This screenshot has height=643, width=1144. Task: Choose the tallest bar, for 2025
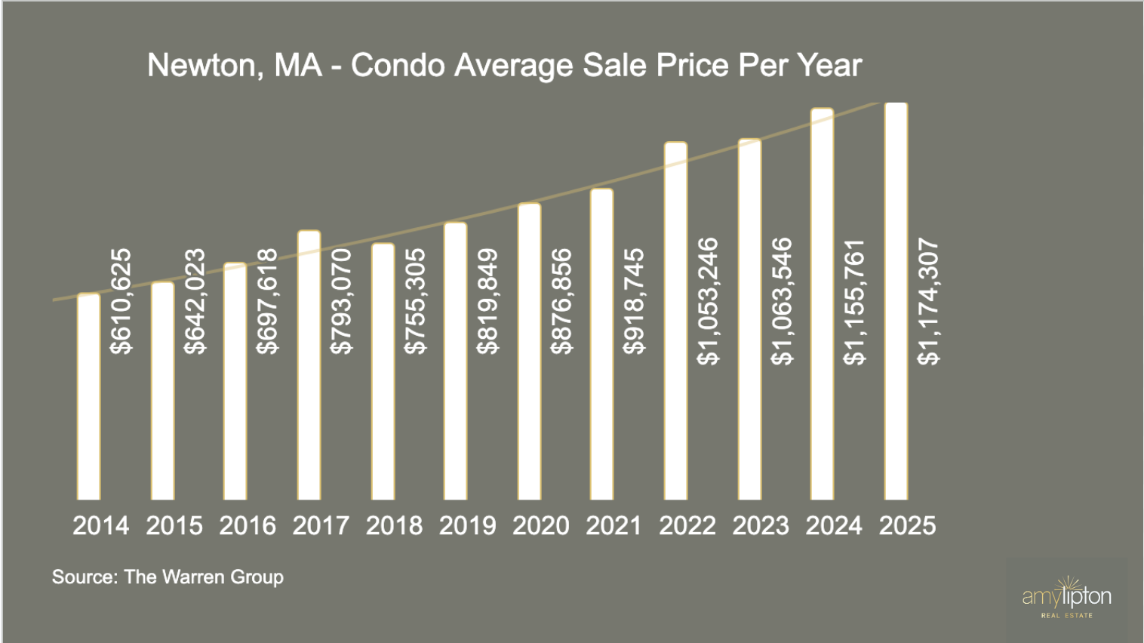pos(896,301)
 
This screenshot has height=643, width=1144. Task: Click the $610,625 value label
pos(121,301)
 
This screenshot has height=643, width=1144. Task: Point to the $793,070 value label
pos(341,301)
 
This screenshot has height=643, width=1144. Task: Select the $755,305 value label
pos(414,301)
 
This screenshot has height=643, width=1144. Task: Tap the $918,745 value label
pos(634,301)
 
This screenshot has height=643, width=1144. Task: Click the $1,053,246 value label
pos(708,301)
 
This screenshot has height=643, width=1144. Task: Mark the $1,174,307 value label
pos(928,301)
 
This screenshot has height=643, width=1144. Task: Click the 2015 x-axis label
pos(174,525)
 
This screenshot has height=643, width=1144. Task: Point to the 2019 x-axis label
pos(467,525)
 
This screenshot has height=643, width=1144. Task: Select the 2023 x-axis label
pos(761,525)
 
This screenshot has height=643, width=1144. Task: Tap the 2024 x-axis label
pos(834,525)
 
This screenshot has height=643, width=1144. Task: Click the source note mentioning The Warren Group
pos(168,577)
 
